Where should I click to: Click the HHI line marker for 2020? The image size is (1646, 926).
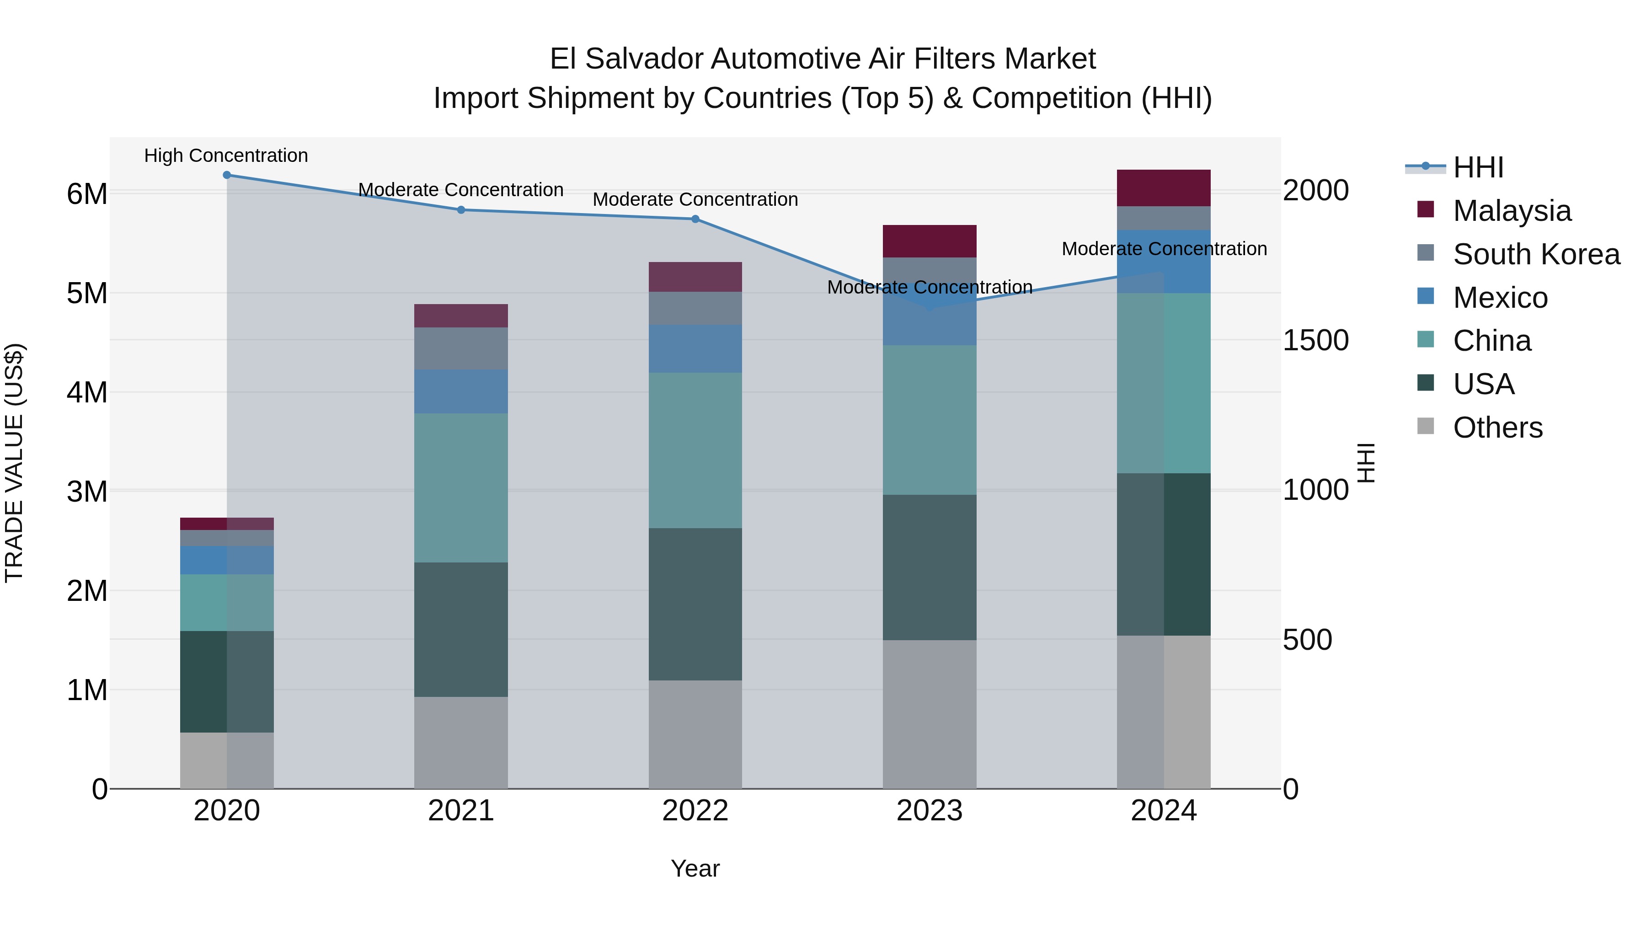coord(227,175)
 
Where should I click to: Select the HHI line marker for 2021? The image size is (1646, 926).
coord(461,209)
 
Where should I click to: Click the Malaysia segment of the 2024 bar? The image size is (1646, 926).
coord(1164,188)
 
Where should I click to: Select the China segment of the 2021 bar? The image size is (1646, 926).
coord(461,487)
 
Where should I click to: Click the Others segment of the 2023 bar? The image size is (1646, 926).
coord(929,714)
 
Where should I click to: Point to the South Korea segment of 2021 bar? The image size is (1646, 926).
coord(461,348)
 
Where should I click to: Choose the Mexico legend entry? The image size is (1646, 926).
coord(1500,298)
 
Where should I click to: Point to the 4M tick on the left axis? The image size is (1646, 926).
coord(87,392)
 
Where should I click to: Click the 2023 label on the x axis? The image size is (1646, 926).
coord(929,811)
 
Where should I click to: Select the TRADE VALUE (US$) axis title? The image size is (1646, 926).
coord(14,463)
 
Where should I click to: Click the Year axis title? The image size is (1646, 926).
coord(695,868)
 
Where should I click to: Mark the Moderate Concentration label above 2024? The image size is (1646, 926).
coord(1164,249)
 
